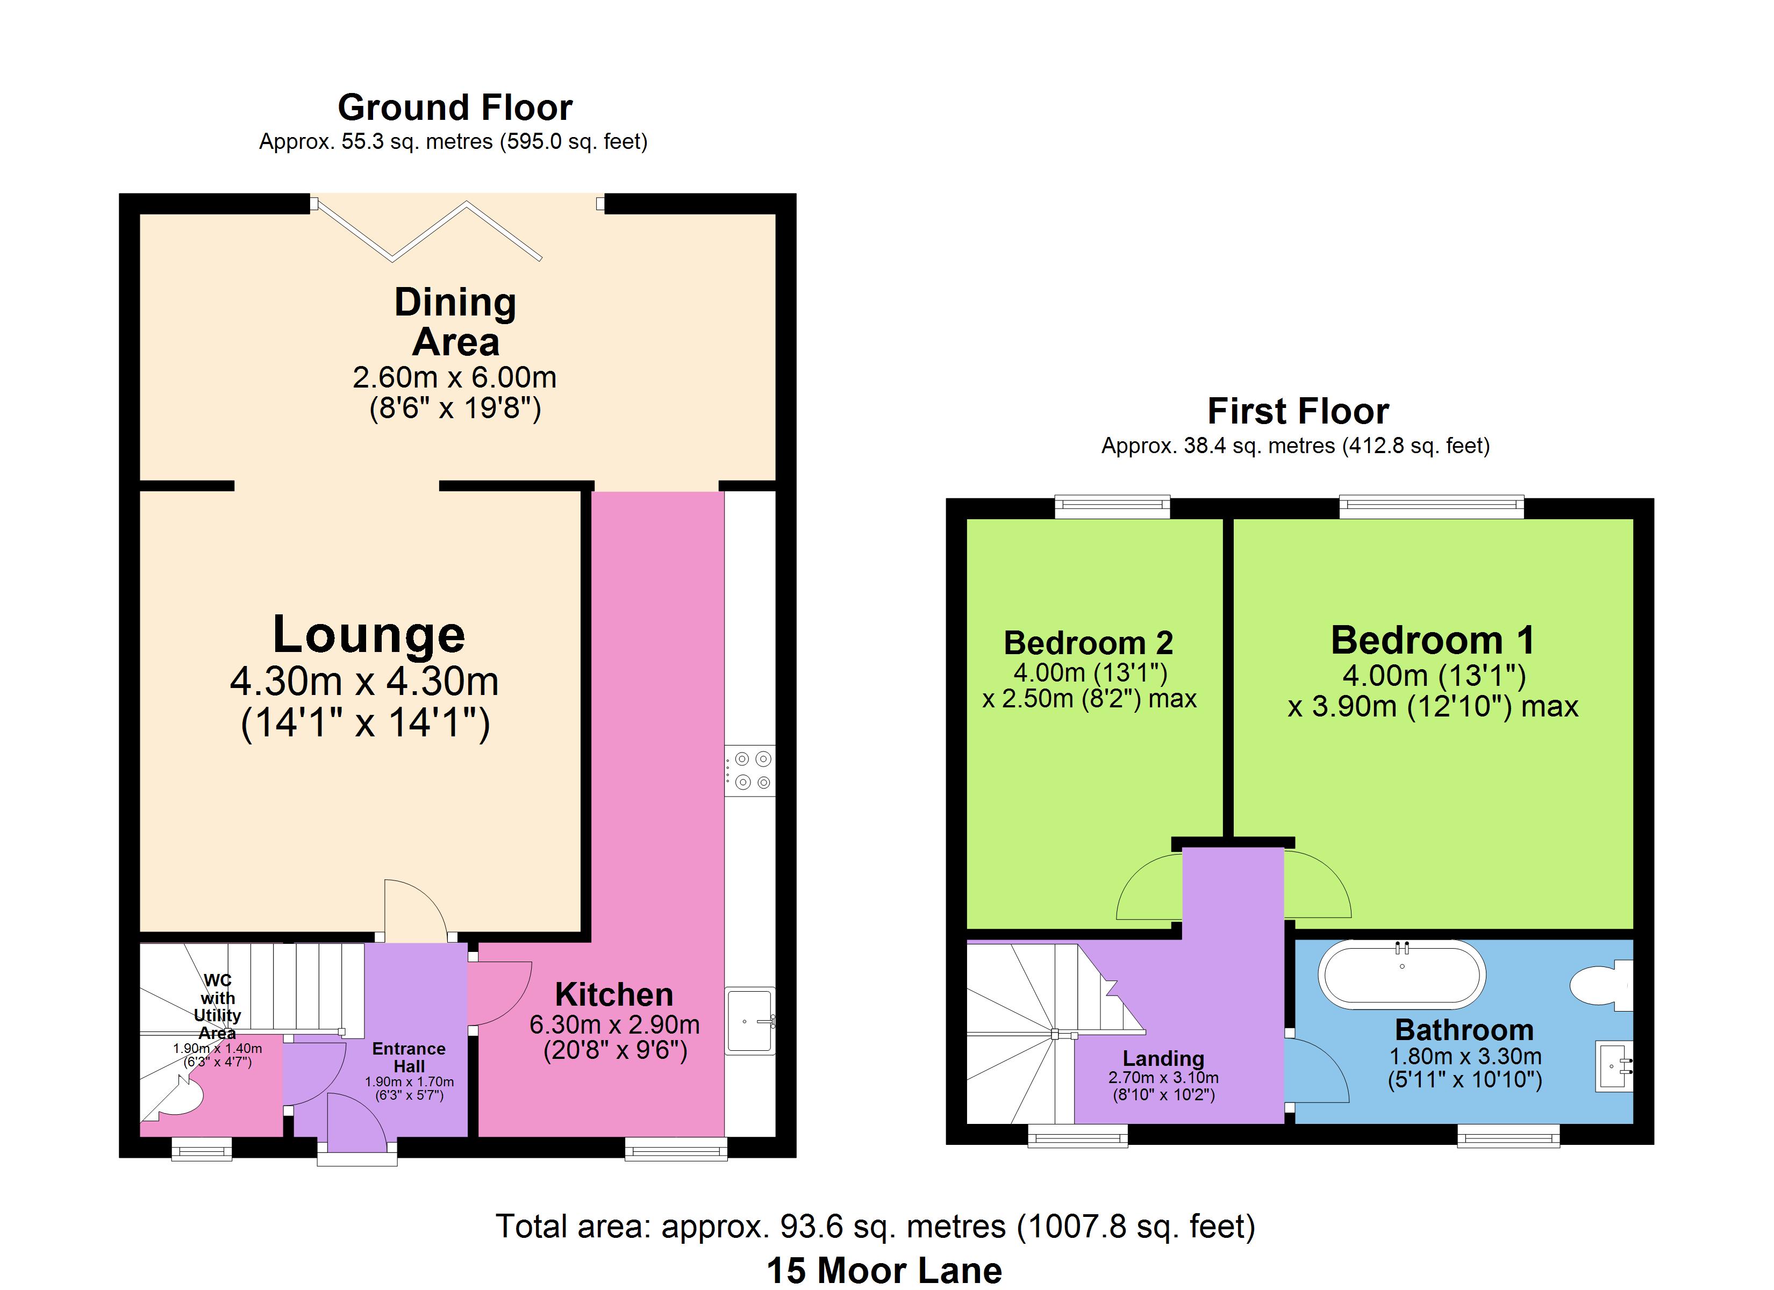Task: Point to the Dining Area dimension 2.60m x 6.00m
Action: pyautogui.click(x=454, y=378)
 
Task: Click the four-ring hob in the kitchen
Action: pyautogui.click(x=750, y=771)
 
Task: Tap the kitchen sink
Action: pyautogui.click(x=750, y=1021)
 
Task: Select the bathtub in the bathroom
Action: pyautogui.click(x=1401, y=974)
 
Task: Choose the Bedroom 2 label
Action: pyautogui.click(x=1089, y=643)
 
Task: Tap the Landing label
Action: pyautogui.click(x=1163, y=1058)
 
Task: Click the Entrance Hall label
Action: pyautogui.click(x=409, y=1057)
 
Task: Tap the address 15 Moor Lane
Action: pyautogui.click(x=884, y=1271)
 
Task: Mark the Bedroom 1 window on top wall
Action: pyautogui.click(x=1432, y=507)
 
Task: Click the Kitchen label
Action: pyautogui.click(x=614, y=995)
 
